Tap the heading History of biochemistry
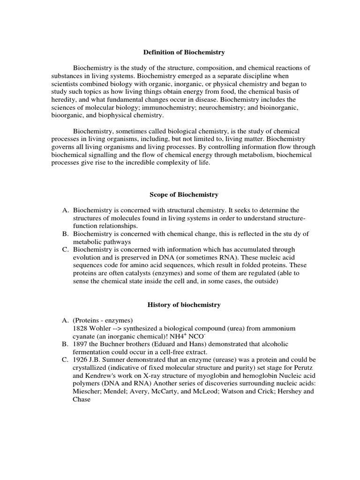184,305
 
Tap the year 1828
81,328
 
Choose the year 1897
81,344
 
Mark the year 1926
81,360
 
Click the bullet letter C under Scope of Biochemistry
65,249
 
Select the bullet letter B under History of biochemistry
65,344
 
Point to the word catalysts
124,273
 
